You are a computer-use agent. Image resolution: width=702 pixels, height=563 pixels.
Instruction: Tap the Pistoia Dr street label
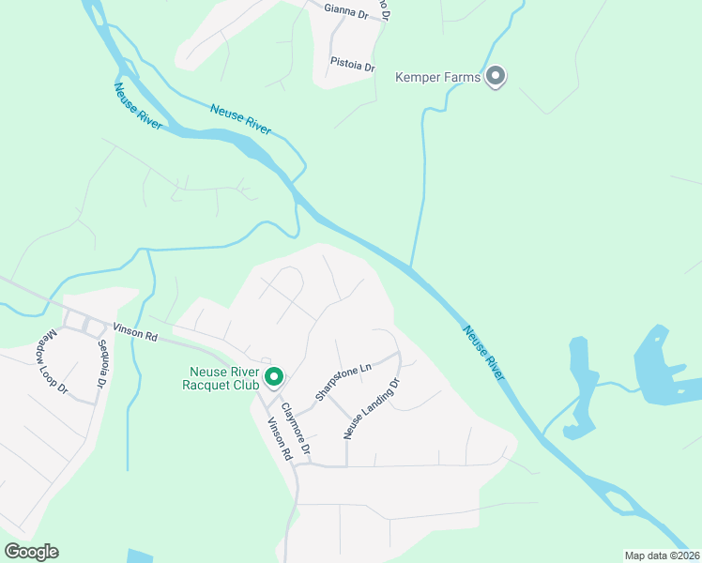coord(352,66)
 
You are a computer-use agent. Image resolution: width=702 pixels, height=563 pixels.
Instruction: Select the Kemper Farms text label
coord(438,77)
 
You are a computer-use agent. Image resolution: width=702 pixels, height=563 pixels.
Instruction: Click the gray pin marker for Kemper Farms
coord(496,77)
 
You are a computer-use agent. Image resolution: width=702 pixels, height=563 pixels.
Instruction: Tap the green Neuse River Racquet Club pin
coord(275,377)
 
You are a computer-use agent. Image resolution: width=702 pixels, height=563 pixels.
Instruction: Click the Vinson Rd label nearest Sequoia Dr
coord(136,330)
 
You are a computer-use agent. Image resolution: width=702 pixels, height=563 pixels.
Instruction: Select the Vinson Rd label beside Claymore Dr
coord(279,439)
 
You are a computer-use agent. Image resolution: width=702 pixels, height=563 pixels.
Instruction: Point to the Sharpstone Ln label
coord(343,382)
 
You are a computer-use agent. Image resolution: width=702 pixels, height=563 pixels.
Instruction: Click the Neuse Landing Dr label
coord(372,409)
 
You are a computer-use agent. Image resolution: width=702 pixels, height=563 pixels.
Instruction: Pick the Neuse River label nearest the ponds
coord(483,352)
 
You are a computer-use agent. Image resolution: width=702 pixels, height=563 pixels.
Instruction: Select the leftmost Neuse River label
coord(138,106)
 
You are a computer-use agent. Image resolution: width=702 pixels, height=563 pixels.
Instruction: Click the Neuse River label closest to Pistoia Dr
coord(240,119)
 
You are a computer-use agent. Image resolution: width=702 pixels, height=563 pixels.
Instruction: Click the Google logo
coord(31,552)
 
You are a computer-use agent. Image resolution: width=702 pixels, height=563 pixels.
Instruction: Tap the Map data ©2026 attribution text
coord(661,555)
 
